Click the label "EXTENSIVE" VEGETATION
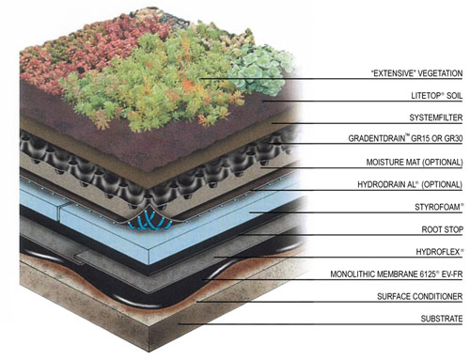click(x=416, y=73)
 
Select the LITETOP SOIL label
click(x=437, y=96)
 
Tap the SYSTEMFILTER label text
click(x=436, y=117)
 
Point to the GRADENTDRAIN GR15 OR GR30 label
click(x=405, y=138)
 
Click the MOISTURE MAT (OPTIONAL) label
click(x=415, y=163)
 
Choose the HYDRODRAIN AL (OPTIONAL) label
click(x=410, y=184)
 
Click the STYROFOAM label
click(x=439, y=207)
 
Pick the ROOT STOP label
click(x=442, y=229)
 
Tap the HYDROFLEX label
click(x=439, y=252)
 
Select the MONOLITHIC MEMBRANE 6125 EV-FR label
click(x=397, y=274)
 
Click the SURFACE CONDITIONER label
click(x=420, y=296)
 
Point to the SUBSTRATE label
click(x=442, y=319)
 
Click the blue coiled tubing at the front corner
click(x=149, y=221)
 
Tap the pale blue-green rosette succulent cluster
click(x=261, y=70)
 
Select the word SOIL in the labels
click(x=454, y=96)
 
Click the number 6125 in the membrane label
click(x=428, y=274)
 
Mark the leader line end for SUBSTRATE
click(x=179, y=324)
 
